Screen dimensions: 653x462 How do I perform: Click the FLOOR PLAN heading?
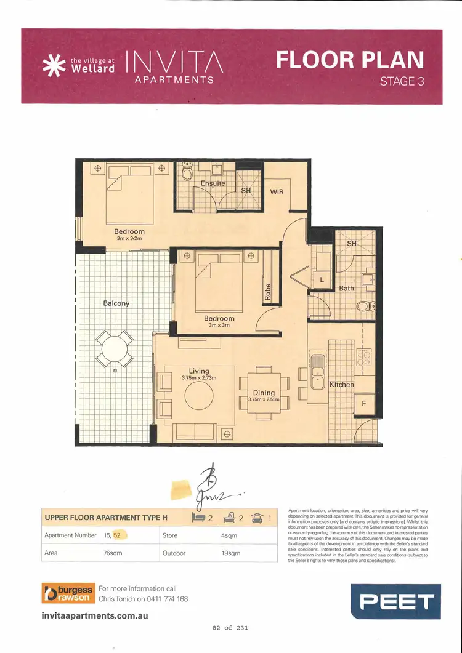pyautogui.click(x=350, y=60)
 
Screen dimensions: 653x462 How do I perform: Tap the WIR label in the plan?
pyautogui.click(x=277, y=192)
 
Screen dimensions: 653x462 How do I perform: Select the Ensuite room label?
pyautogui.click(x=213, y=183)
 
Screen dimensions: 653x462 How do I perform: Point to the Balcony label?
pyautogui.click(x=116, y=303)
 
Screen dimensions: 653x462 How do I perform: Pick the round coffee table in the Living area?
pyautogui.click(x=199, y=396)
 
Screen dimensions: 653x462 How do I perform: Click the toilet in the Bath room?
pyautogui.click(x=367, y=305)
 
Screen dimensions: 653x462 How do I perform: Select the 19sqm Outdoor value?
pyautogui.click(x=230, y=553)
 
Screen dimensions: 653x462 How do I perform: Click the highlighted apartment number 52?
pyautogui.click(x=117, y=535)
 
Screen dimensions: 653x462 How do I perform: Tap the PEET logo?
pyautogui.click(x=395, y=601)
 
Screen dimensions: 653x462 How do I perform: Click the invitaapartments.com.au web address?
pyautogui.click(x=95, y=615)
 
